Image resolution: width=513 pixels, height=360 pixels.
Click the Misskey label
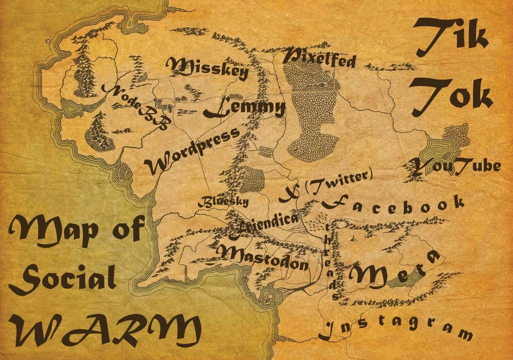[207, 69]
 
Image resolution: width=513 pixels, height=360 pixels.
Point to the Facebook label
[393, 204]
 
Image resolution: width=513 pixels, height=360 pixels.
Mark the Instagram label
[396, 327]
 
